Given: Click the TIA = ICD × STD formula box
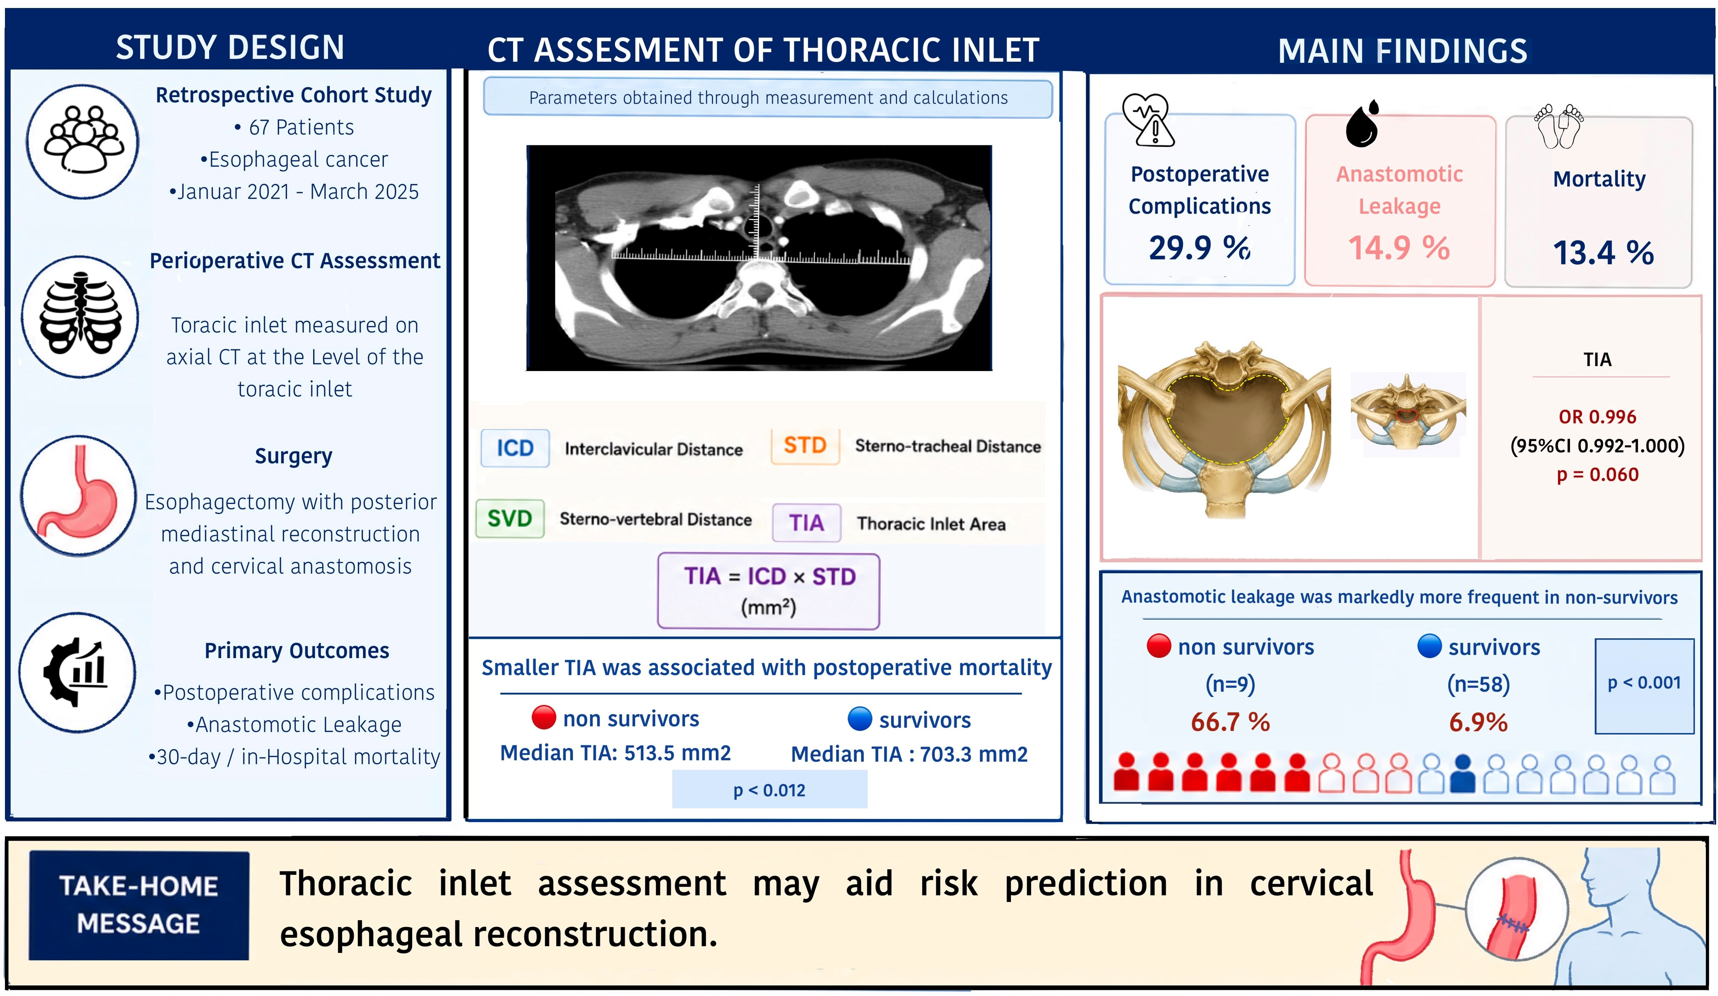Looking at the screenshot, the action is pyautogui.click(x=768, y=591).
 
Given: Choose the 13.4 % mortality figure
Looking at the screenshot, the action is pyautogui.click(x=1603, y=253).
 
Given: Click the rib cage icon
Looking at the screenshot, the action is pyautogui.click(x=80, y=317).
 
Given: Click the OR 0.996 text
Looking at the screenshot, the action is pyautogui.click(x=1596, y=416).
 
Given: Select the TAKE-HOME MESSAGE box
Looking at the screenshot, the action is pyautogui.click(x=138, y=905).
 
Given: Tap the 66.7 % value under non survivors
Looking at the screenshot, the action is pyautogui.click(x=1230, y=722).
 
